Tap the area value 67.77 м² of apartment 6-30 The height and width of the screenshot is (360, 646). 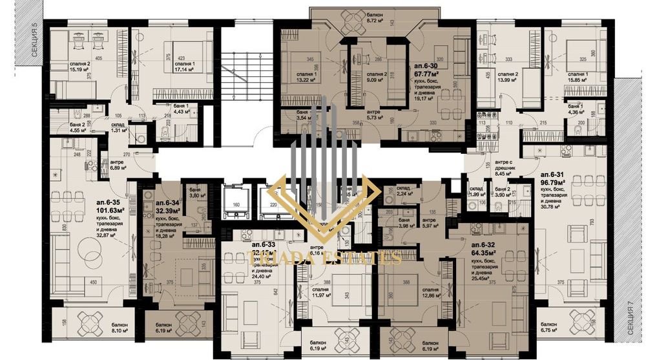(x=427, y=74)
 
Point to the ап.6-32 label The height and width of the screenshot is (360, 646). (x=485, y=246)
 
